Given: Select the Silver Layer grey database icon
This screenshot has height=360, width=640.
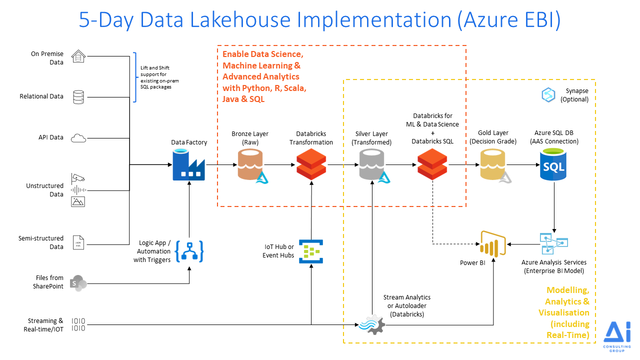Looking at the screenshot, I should click(372, 165).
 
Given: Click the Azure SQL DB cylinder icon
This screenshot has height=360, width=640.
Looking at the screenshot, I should click(553, 165).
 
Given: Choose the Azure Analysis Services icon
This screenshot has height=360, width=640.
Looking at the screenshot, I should click(553, 243).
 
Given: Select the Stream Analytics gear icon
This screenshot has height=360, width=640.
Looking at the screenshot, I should click(372, 324).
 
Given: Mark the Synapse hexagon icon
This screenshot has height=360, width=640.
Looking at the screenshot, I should click(548, 95).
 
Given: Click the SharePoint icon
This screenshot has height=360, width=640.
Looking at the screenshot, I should click(78, 282).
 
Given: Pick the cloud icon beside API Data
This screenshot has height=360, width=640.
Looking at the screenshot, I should click(78, 137).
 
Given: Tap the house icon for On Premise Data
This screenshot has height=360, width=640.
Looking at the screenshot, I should click(78, 56).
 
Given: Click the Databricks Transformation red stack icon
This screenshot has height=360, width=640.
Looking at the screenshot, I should click(311, 165).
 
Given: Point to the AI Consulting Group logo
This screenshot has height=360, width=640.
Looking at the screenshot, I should click(616, 336).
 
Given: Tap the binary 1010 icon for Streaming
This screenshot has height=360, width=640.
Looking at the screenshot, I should click(78, 324).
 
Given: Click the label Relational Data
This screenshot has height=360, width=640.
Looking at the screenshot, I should click(41, 96).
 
